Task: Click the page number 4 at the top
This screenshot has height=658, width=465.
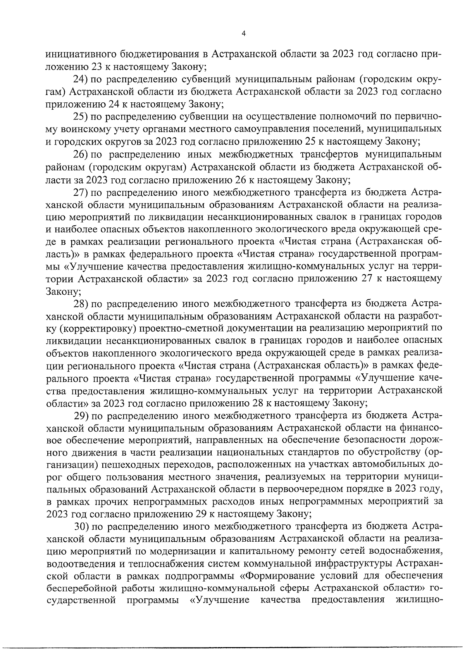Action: (243, 34)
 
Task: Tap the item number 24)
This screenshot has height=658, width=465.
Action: (82, 80)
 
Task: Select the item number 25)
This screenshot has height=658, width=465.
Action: (82, 116)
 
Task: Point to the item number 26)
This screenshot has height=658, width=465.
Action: (82, 154)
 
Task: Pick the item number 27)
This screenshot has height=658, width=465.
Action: (82, 192)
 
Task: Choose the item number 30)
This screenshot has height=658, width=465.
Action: (82, 526)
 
